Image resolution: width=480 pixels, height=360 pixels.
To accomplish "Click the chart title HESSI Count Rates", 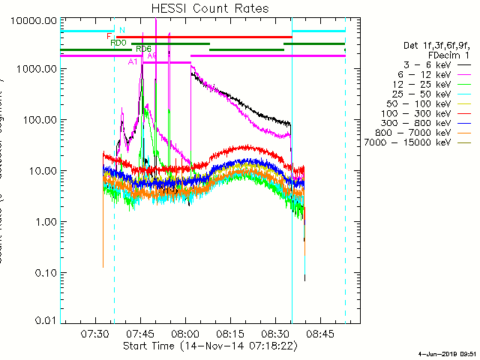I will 210,8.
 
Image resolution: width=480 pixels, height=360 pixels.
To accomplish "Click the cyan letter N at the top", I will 121,30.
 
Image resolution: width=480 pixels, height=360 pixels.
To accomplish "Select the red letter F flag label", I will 109,36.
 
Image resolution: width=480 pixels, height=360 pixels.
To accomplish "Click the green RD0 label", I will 118,43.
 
